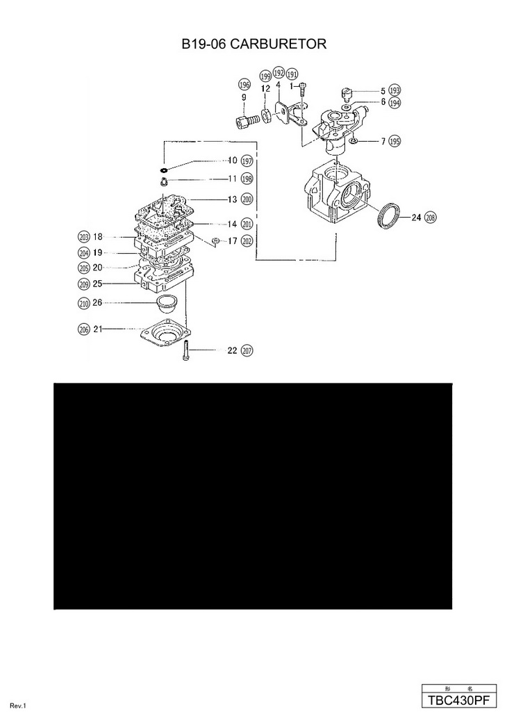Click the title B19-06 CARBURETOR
[x=253, y=44]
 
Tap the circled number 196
[x=244, y=85]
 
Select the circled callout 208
[x=431, y=217]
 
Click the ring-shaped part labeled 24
[x=389, y=214]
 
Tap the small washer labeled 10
[x=164, y=169]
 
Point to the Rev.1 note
[x=18, y=706]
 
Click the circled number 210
[x=84, y=303]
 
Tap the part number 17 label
[x=233, y=241]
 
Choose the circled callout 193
[x=395, y=91]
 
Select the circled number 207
[x=247, y=351]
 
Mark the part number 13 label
[x=233, y=199]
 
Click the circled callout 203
[x=84, y=236]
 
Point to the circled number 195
[x=395, y=141]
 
